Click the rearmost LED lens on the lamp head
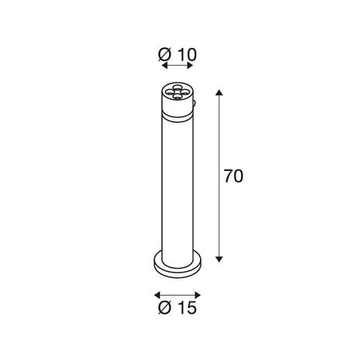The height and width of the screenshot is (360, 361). [180, 87]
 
